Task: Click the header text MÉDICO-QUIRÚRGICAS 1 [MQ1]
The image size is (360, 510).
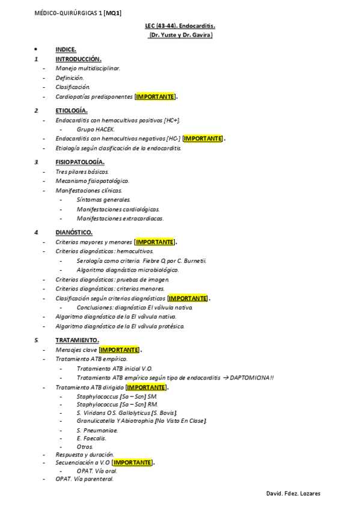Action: (78, 12)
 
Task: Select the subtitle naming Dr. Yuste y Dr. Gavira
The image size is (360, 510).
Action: (180, 35)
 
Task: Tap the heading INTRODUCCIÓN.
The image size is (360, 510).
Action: (78, 59)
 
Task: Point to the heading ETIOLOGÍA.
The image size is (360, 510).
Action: (72, 110)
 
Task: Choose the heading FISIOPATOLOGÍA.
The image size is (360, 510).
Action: (80, 162)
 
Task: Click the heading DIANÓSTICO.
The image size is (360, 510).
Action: (74, 232)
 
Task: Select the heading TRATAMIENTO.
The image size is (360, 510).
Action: (77, 340)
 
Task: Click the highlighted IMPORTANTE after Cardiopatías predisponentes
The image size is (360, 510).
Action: (156, 96)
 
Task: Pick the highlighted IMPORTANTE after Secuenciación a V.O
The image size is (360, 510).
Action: (133, 462)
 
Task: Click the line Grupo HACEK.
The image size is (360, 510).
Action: (96, 129)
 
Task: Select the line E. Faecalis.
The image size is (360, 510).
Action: (91, 438)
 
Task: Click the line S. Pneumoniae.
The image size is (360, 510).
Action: (97, 430)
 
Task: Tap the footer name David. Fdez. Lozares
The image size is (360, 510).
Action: (293, 493)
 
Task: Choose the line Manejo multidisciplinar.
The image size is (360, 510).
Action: (88, 68)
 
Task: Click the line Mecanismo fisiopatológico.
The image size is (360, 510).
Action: (92, 180)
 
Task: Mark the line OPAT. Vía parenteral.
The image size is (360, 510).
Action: (85, 479)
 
